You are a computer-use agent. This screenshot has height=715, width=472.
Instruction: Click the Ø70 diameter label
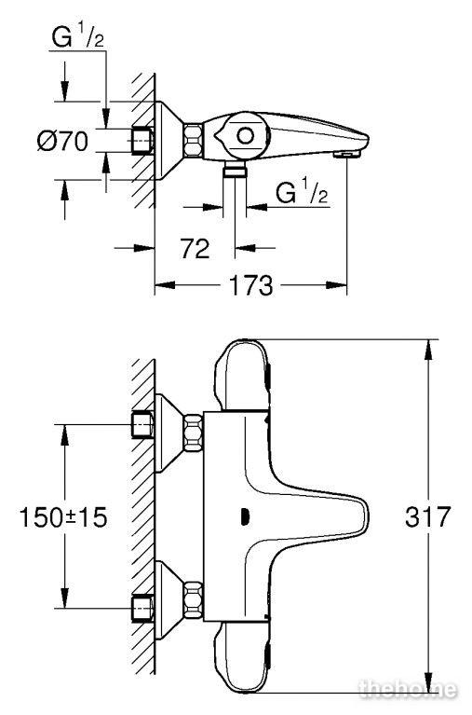click(63, 141)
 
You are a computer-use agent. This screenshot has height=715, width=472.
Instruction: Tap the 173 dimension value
click(250, 286)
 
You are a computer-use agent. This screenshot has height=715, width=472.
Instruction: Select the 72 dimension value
click(195, 249)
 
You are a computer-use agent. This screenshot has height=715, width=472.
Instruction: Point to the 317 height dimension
click(427, 516)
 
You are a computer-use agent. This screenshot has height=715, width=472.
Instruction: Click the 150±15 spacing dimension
click(63, 517)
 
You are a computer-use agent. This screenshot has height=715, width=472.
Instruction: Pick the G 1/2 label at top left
click(78, 36)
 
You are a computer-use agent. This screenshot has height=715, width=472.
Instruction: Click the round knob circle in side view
click(246, 136)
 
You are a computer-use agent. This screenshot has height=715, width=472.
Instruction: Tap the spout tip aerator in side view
click(344, 156)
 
